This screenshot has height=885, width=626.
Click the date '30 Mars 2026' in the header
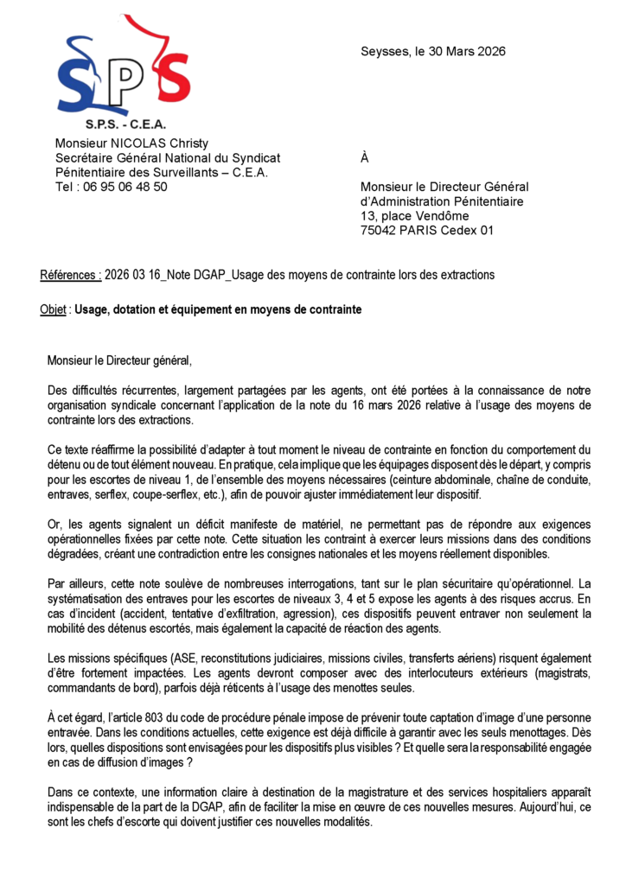pyautogui.click(x=467, y=51)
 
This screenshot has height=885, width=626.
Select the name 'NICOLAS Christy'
pyautogui.click(x=163, y=143)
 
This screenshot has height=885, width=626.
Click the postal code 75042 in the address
pyautogui.click(x=379, y=230)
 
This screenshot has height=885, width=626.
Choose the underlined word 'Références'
pyautogui.click(x=70, y=275)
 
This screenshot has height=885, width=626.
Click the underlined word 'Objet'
pyautogui.click(x=54, y=309)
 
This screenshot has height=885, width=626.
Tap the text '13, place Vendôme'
pyautogui.click(x=414, y=215)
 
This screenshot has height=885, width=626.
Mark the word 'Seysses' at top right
pyautogui.click(x=385, y=51)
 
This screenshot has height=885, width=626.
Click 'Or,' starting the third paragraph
pyautogui.click(x=56, y=525)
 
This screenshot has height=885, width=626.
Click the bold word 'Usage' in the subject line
pyautogui.click(x=93, y=309)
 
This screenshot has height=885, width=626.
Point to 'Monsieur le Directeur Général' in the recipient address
pyautogui.click(x=444, y=187)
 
